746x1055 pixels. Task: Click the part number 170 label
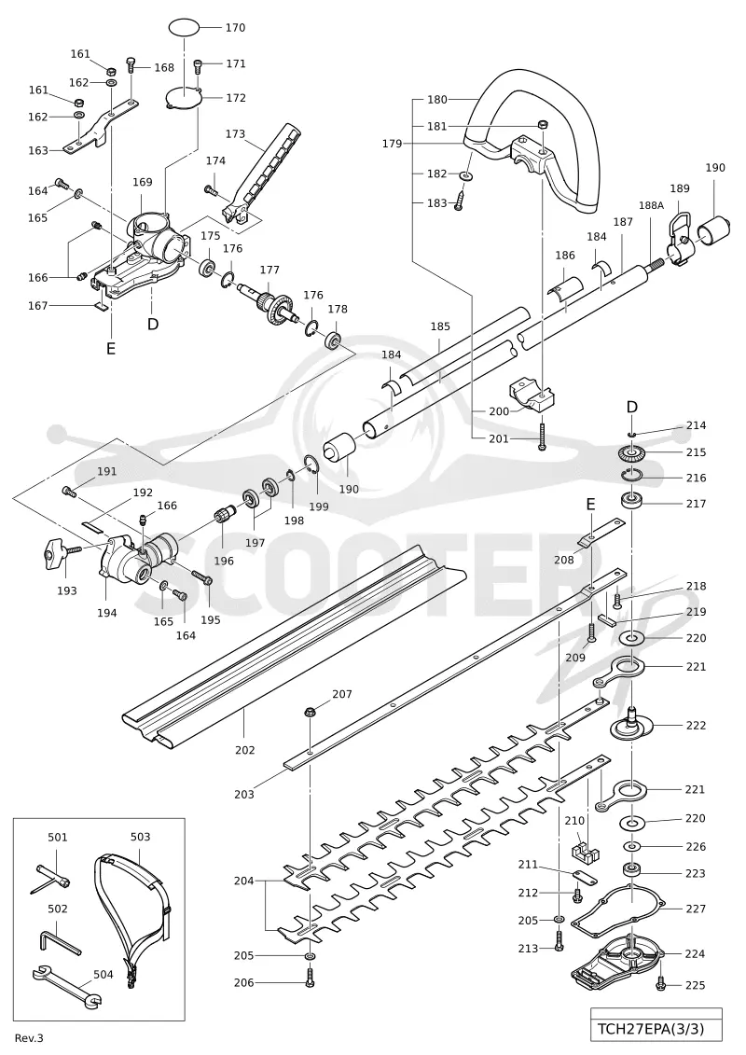235,28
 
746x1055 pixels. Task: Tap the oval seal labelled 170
184,28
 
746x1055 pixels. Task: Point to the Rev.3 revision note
29,1038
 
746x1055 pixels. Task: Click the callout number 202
245,750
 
